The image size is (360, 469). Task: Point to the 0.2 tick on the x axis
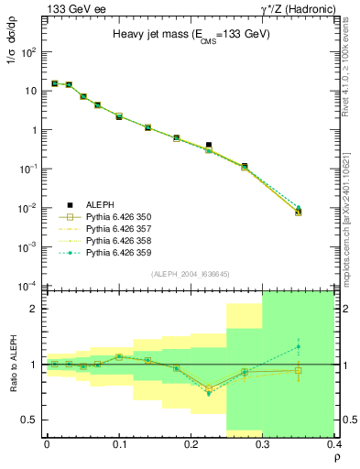click(x=191, y=442)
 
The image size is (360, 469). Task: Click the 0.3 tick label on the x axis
click(x=263, y=442)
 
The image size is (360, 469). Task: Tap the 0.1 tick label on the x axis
click(x=119, y=442)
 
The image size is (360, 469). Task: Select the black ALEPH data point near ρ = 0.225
click(x=209, y=145)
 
